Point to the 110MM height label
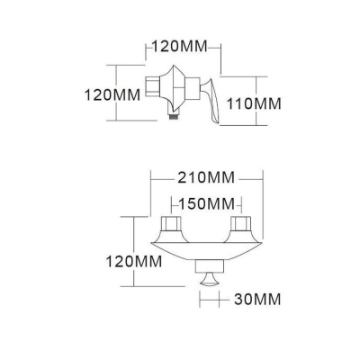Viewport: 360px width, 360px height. [x=253, y=103]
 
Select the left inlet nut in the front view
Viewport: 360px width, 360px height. [x=171, y=223]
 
